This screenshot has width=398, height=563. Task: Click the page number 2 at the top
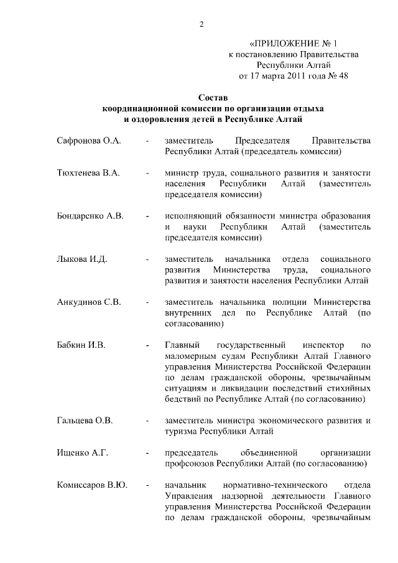201,24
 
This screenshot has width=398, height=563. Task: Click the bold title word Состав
213,98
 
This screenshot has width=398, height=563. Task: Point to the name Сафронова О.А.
88,141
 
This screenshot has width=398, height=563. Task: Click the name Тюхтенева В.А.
88,172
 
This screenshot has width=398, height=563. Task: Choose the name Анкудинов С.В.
88,302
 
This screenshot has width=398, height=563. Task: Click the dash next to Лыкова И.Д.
147,259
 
